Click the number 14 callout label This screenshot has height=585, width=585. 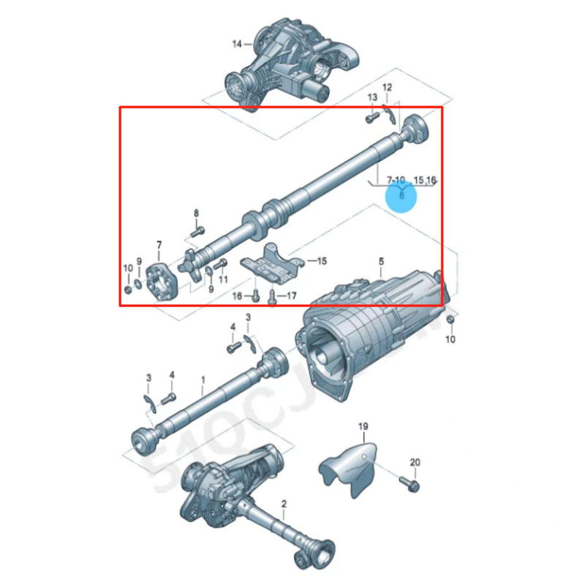(x=236, y=44)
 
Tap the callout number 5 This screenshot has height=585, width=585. (x=380, y=261)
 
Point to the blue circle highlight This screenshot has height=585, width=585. (x=401, y=195)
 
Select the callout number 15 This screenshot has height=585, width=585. (x=322, y=260)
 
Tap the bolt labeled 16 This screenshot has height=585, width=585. (x=256, y=296)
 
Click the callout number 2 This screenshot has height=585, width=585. (x=284, y=503)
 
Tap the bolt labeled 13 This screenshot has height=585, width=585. (x=371, y=114)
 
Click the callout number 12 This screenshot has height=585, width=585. (x=387, y=88)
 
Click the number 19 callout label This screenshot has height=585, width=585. (x=363, y=426)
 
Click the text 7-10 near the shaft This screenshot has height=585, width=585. (x=396, y=180)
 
